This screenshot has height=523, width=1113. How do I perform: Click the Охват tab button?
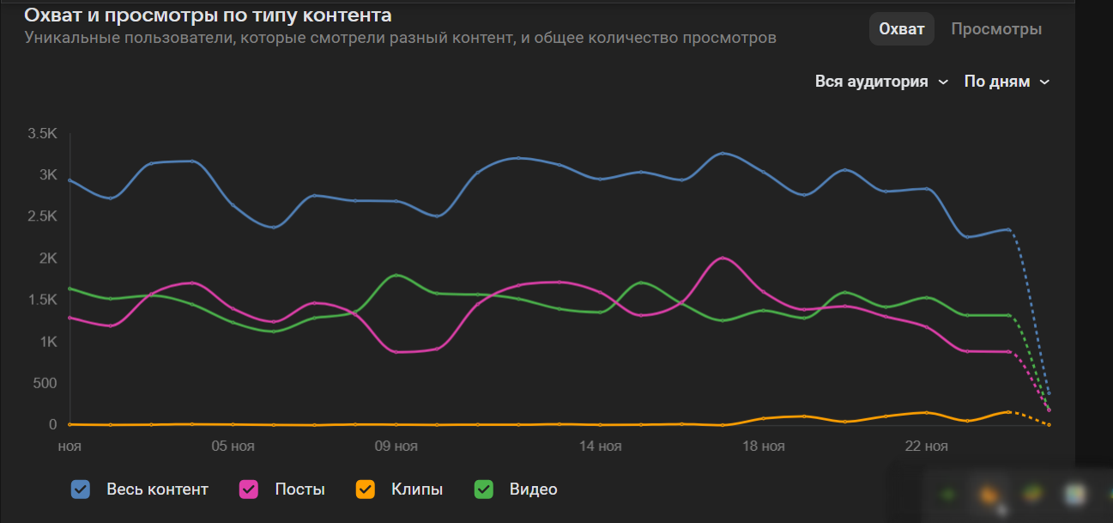901,29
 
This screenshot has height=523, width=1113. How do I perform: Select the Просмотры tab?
996,29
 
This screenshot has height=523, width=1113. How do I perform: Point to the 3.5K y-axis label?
42,133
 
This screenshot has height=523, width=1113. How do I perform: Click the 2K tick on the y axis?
47,258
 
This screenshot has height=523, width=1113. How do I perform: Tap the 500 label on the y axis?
45,383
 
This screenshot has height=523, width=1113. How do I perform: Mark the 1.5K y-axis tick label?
42,300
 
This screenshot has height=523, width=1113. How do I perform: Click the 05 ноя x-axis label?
233,447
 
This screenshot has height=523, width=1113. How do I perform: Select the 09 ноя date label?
396,447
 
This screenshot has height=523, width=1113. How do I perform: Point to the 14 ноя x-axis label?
600,447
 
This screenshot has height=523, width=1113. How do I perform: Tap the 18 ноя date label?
763,447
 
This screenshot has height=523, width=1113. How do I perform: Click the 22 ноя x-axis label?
927,447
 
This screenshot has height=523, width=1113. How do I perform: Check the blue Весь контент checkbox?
82,490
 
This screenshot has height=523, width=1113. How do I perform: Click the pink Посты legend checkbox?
250,490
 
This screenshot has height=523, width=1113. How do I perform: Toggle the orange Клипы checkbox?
366,490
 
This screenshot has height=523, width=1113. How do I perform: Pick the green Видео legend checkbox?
484,490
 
